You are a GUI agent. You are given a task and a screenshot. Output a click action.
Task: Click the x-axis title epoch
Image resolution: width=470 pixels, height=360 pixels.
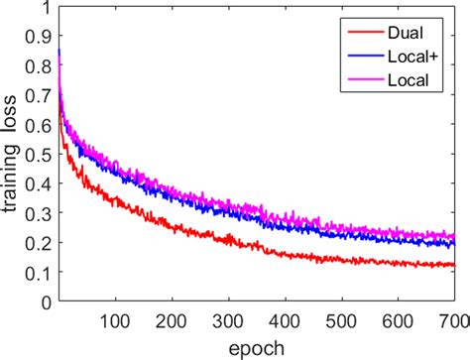(257, 346)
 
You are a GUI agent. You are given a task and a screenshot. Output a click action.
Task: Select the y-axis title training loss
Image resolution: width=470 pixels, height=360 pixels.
(12, 159)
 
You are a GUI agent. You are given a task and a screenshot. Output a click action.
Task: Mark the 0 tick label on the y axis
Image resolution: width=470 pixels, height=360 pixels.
(46, 300)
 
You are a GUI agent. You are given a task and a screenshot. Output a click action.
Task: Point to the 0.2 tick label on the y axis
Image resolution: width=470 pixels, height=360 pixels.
(40, 243)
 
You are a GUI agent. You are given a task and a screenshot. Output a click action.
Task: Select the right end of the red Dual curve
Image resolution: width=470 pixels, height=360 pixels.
(453, 265)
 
